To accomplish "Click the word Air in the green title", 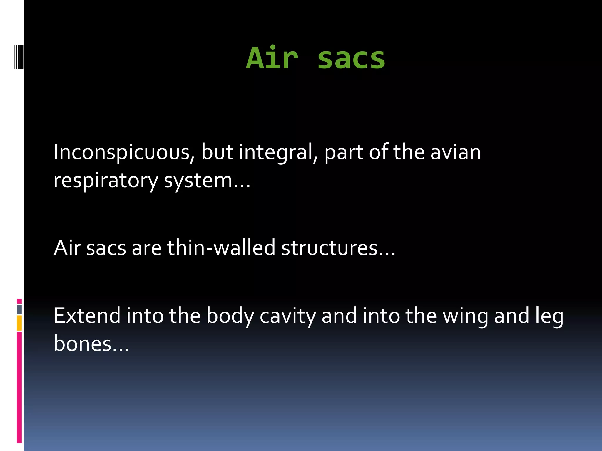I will (272, 58).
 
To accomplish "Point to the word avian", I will (455, 153).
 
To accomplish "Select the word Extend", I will (87, 316).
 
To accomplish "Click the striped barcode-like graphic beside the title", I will (19, 56).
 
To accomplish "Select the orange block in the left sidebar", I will (19, 323).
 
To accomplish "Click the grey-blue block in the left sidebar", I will (19, 309).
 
